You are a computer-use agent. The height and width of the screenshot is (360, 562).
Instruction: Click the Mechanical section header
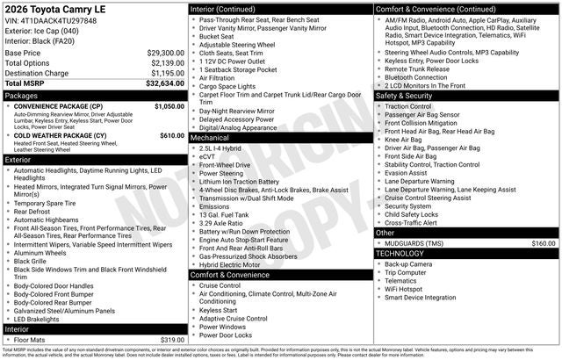(x=210, y=138)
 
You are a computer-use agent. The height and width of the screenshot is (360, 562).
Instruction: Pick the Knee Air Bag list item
(x=403, y=139)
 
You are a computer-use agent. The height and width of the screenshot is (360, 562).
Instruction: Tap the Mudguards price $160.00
(x=544, y=243)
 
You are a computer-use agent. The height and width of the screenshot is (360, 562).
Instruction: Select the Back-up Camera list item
(x=408, y=263)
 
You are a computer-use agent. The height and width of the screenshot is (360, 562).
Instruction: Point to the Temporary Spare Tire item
(x=49, y=203)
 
